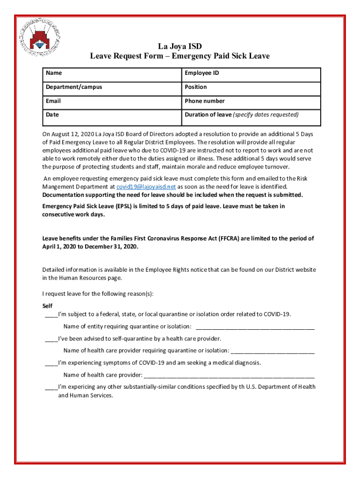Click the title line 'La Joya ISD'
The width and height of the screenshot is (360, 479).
(x=180, y=46)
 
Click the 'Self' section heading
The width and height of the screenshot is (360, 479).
(x=47, y=305)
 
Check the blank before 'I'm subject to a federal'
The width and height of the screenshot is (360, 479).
(x=51, y=314)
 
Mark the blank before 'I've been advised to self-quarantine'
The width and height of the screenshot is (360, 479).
(x=51, y=339)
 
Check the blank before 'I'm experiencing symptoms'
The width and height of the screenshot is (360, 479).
(x=51, y=363)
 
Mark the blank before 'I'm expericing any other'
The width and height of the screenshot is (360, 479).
(x=51, y=387)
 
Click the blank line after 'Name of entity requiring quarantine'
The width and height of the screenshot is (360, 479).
(x=255, y=327)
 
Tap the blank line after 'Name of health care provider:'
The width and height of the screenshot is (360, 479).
(x=229, y=375)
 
